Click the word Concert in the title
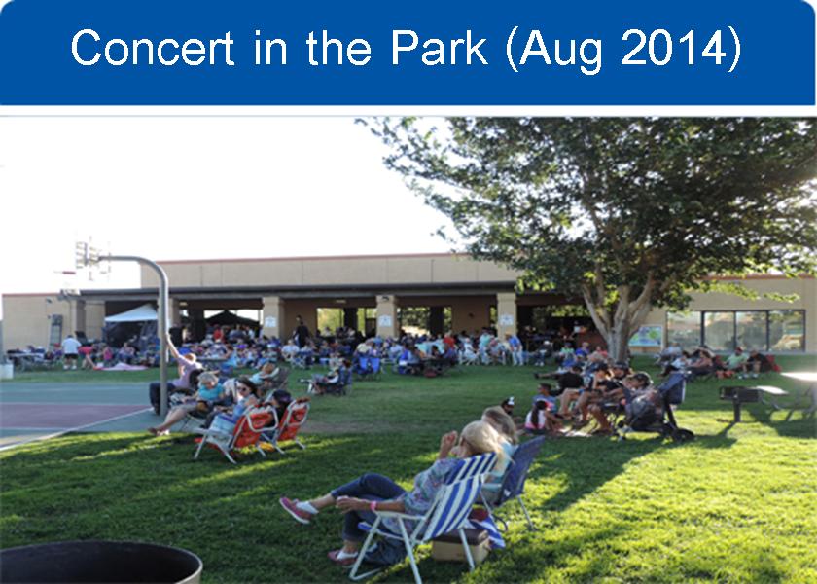pyautogui.click(x=153, y=48)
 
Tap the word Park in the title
pyautogui.click(x=440, y=48)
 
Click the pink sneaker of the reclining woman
pyautogui.click(x=296, y=509)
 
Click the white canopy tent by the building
pyautogui.click(x=131, y=314)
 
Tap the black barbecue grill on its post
pyautogui.click(x=738, y=399)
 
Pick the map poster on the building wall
pyautogui.click(x=645, y=336)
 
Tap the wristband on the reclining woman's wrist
pyautogui.click(x=373, y=506)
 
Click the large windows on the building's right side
pyautogui.click(x=735, y=330)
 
